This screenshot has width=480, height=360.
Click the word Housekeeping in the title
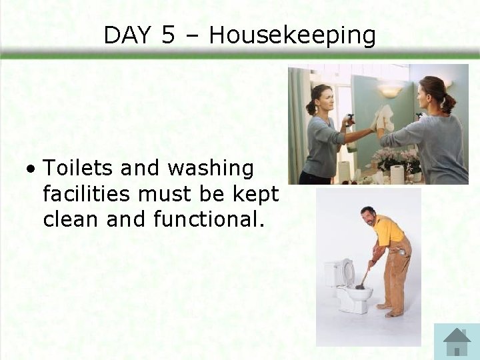click(x=292, y=35)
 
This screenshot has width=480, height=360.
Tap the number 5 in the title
click(x=167, y=35)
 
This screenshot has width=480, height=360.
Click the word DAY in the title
click(x=128, y=35)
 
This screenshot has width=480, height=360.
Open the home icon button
click(x=457, y=341)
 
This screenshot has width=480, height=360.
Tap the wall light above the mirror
click(x=390, y=89)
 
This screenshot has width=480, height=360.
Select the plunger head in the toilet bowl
click(x=359, y=287)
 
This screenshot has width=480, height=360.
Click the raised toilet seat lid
click(x=347, y=272)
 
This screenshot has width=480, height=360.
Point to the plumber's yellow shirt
click(x=389, y=231)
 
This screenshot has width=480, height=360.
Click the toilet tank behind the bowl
click(x=333, y=273)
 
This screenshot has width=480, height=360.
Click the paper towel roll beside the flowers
click(x=397, y=175)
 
